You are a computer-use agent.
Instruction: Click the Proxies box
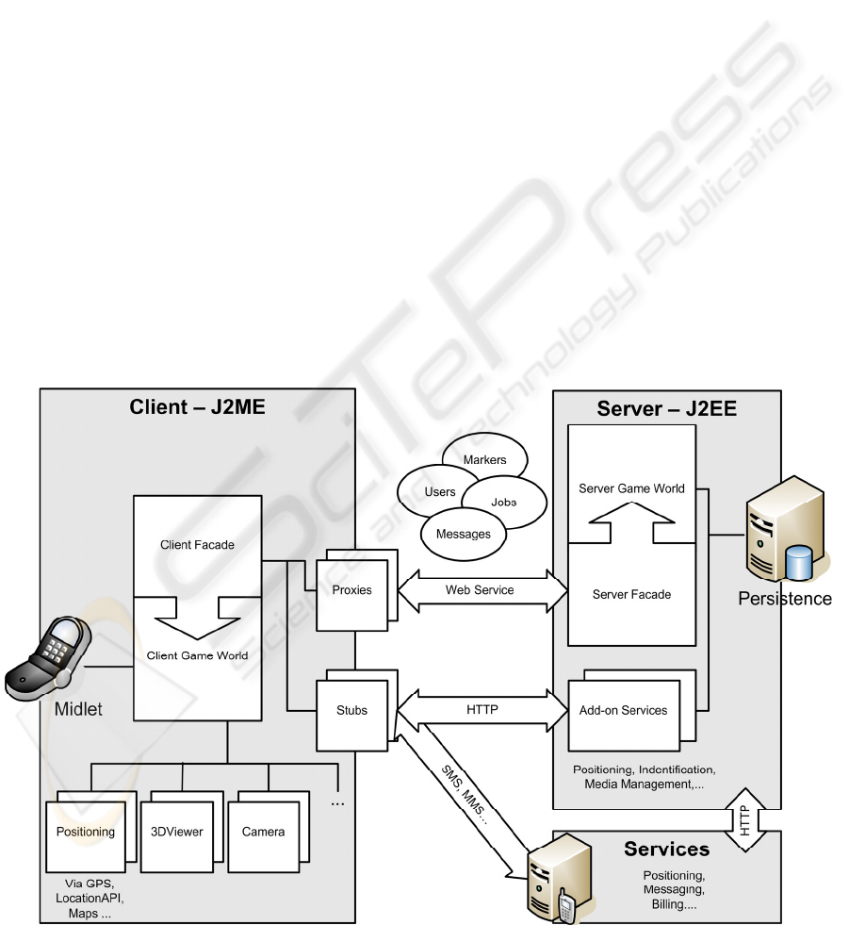point(351,591)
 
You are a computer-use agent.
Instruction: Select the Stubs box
point(351,712)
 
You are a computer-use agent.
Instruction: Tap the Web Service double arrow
point(481,590)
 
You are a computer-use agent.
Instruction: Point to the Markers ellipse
point(485,460)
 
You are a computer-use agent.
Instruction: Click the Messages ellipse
point(464,534)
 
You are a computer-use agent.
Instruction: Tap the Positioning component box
point(86,833)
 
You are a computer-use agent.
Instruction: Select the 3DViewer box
point(177,833)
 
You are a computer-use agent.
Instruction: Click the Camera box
point(264,833)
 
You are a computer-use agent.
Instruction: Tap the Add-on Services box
point(624,711)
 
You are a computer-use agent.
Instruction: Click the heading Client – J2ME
point(197,408)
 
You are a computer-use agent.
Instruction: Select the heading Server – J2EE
point(666,409)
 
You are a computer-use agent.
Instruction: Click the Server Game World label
point(631,488)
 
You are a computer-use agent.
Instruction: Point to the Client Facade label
point(197,545)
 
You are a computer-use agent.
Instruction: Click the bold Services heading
point(666,850)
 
